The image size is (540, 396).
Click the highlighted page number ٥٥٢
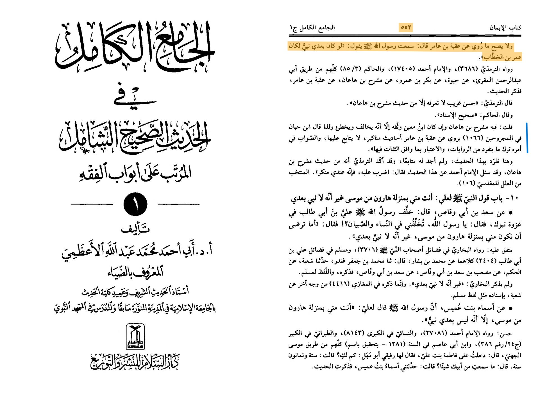[x=406, y=28]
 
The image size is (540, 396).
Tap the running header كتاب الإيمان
[x=505, y=28]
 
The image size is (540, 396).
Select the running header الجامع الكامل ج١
[x=312, y=28]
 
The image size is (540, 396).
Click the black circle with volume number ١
[x=135, y=204]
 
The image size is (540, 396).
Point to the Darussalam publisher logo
[x=135, y=336]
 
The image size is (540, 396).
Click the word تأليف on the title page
[x=135, y=229]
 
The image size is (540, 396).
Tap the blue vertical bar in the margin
[x=527, y=138]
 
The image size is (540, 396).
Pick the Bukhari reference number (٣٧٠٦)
[x=364, y=250]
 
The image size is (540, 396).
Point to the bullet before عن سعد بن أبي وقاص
[x=510, y=213]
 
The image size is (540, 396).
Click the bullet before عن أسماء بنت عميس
[x=510, y=308]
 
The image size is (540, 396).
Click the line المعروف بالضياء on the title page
[x=135, y=272]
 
